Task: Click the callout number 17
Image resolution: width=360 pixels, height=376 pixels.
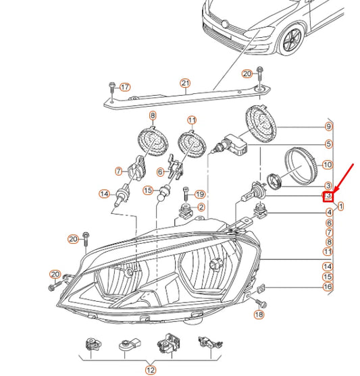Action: [x=124, y=87]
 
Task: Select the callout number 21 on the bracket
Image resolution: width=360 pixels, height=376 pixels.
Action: [x=185, y=84]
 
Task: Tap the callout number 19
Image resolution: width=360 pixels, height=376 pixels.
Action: [x=199, y=194]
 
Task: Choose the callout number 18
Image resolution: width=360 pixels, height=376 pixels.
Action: [x=259, y=315]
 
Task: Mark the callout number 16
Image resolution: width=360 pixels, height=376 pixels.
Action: [x=328, y=287]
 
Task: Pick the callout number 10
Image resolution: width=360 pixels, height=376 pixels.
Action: [x=328, y=164]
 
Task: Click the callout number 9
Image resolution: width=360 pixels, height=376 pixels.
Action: [x=328, y=127]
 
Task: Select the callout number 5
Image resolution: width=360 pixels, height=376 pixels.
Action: [x=328, y=144]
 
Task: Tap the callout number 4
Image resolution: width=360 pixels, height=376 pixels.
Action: [x=328, y=212]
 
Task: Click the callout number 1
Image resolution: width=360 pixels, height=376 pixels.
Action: [x=341, y=205]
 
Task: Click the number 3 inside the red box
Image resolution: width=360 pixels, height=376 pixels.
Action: [x=328, y=196]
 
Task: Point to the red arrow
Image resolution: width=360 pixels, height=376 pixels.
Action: [x=343, y=178]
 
